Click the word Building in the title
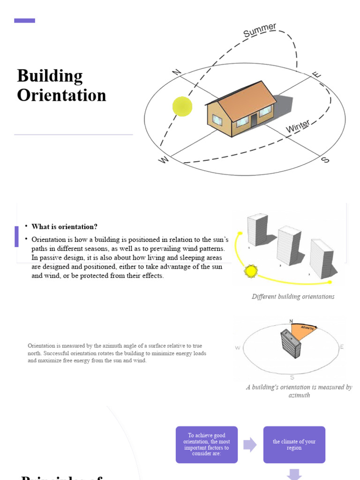50,76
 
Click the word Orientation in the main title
61,95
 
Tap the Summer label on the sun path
259,30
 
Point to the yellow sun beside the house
182,106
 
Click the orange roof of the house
247,98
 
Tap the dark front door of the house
254,120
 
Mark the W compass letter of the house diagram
164,160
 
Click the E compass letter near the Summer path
317,75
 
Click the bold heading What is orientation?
65,227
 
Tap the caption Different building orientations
293,297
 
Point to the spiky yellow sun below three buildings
251,271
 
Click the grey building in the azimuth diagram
289,344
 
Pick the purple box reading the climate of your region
294,444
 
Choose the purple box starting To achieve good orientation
207,444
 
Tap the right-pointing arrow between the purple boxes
250,444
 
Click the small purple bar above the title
24,21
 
